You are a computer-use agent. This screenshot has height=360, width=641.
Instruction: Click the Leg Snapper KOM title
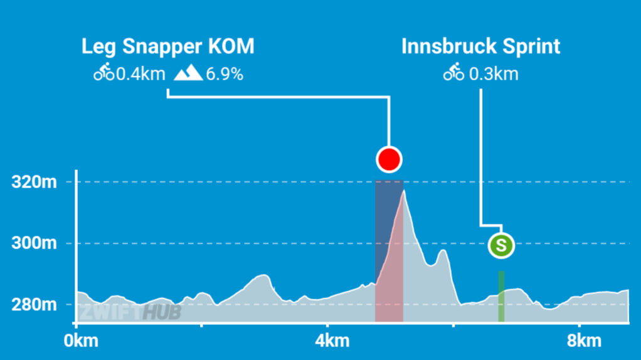click(168, 47)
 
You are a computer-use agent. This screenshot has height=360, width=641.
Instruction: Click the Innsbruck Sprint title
click(480, 47)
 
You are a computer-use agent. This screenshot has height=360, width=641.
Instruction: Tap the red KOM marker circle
click(389, 159)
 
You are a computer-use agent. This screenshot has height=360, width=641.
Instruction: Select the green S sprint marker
click(501, 245)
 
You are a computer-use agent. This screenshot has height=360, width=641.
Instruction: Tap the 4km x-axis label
click(328, 341)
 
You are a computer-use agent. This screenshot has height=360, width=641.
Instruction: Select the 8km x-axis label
click(580, 341)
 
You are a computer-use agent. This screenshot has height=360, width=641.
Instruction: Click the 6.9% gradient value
click(224, 74)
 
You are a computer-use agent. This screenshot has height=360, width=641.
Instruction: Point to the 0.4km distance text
click(140, 74)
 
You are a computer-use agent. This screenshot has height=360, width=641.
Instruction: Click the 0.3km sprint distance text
click(494, 74)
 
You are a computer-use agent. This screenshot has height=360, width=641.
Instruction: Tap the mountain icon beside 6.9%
click(188, 73)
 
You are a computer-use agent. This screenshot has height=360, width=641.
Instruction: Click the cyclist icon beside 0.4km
click(103, 73)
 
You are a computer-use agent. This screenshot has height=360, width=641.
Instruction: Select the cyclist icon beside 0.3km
click(453, 73)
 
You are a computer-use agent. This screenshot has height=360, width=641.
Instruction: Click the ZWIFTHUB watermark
click(130, 312)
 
